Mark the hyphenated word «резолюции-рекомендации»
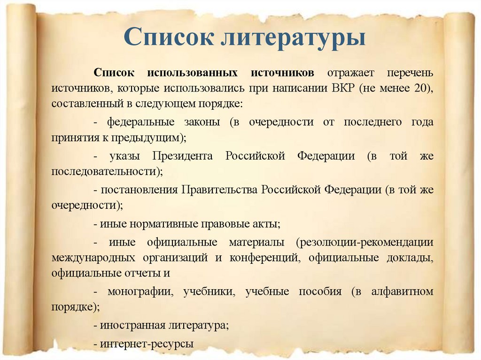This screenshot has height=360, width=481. [x=365, y=243]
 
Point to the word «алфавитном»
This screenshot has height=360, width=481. [x=402, y=291]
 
